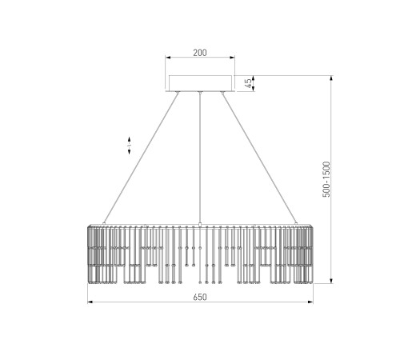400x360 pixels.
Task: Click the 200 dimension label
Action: (x=200, y=53)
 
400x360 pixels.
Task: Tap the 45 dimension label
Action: (x=248, y=83)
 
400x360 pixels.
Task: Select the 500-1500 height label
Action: (x=326, y=179)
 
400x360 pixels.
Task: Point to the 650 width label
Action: (x=200, y=297)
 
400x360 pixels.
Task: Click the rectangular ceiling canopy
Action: (x=200, y=83)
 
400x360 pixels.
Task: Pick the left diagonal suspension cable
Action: (x=141, y=158)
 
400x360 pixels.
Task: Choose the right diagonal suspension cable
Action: (x=259, y=158)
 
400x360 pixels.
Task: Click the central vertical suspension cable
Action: (x=200, y=158)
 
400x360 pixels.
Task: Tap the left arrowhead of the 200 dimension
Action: (x=168, y=57)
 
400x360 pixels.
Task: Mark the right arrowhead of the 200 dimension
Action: (x=232, y=57)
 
